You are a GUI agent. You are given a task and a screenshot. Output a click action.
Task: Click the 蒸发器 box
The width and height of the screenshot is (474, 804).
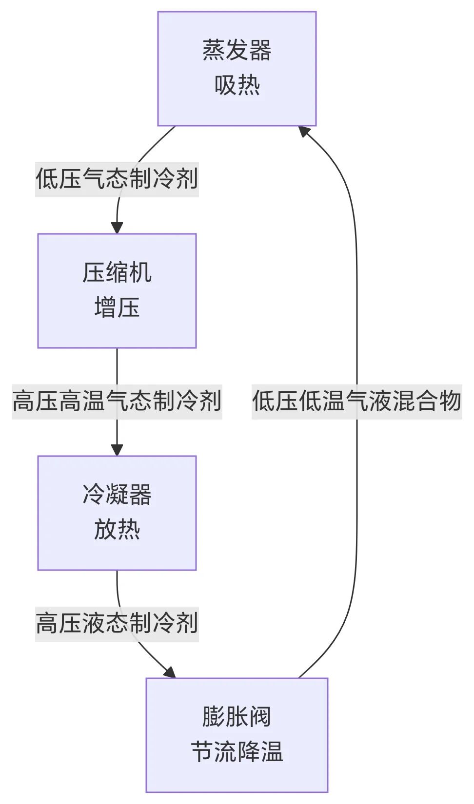[237, 69]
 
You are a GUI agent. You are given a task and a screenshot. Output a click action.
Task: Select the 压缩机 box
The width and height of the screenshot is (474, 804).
[117, 291]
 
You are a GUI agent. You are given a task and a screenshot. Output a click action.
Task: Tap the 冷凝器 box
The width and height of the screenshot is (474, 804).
[117, 513]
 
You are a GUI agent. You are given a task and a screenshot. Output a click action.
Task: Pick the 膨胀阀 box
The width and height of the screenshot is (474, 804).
[237, 735]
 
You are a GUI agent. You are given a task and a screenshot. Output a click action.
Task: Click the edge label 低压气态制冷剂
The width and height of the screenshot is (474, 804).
[117, 179]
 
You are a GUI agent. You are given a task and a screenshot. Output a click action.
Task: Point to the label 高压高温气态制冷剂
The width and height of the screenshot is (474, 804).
[117, 401]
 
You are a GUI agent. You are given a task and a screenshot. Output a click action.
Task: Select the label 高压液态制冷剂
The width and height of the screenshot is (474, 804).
[117, 623]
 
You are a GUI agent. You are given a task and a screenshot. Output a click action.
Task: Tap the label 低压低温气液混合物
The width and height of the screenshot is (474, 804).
[356, 401]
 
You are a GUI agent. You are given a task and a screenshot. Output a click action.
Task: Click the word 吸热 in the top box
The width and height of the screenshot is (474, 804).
[237, 85]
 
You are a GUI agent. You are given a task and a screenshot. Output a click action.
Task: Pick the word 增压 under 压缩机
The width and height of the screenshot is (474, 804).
[117, 308]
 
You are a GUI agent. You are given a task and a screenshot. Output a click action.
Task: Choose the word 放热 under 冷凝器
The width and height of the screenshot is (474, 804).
[117, 530]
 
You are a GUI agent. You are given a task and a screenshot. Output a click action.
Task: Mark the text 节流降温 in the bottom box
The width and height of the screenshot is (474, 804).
[237, 752]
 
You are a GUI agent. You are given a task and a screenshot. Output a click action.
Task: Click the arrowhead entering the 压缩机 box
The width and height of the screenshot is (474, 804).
[117, 228]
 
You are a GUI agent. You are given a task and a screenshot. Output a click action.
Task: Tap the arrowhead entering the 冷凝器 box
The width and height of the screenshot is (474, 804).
[117, 450]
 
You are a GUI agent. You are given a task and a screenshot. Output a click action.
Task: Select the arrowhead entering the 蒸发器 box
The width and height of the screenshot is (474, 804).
[305, 131]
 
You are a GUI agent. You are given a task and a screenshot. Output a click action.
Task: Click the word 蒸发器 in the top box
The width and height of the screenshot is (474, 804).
[237, 51]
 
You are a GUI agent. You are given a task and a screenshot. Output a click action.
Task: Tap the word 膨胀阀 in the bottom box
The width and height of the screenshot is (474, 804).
[237, 717]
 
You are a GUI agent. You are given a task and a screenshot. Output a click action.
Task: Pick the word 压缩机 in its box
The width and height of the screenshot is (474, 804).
[117, 273]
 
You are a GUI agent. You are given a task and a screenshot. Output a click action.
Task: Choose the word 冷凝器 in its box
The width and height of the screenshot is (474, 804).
[117, 495]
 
